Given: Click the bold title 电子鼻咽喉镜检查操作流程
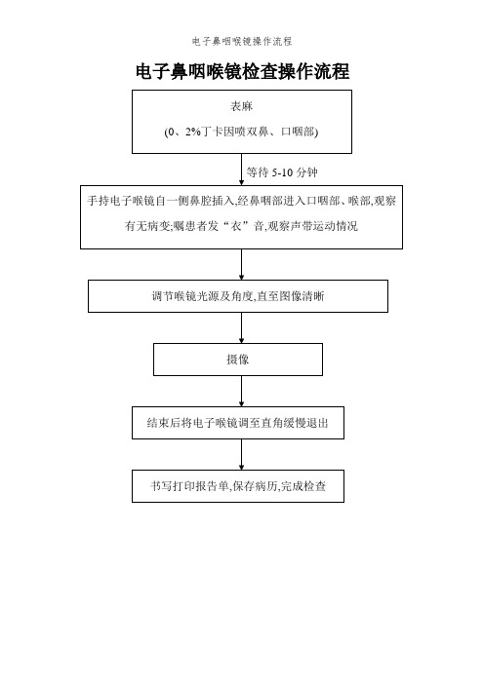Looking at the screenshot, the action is coord(242,71).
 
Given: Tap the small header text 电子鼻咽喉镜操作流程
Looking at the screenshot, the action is coord(242,42).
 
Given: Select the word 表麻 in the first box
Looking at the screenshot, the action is coord(242,106).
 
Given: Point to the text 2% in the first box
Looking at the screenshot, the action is coord(192,132).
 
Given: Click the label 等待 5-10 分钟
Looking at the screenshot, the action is coord(282,172).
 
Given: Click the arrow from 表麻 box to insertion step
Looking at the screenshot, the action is coord(242,170).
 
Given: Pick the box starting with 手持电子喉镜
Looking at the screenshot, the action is coord(242,217).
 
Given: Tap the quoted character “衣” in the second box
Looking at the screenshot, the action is coord(236,226).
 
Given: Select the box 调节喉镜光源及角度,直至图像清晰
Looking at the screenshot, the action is coord(238,296).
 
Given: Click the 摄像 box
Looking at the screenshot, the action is coord(238,360).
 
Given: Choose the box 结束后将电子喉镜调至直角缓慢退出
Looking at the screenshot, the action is coord(238,423).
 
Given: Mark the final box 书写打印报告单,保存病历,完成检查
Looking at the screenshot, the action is coord(238,486).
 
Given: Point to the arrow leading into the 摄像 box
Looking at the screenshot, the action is coord(242,327).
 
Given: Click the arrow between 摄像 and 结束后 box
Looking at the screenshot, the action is coord(242,391).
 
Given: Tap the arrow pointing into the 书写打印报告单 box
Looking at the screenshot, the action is coord(242,454).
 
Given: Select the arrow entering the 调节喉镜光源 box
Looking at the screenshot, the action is coord(242,264).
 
